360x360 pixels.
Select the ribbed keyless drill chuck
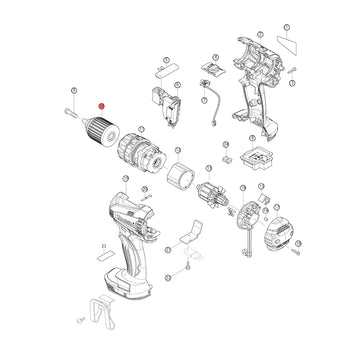102,130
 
